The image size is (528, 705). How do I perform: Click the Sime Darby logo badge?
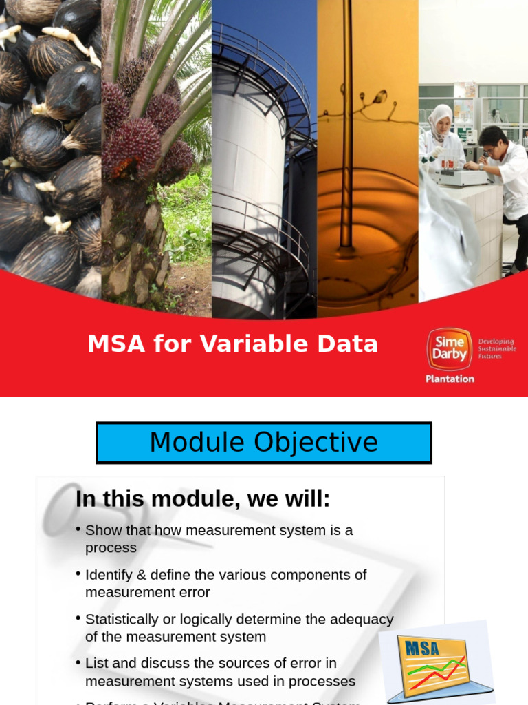coord(449,349)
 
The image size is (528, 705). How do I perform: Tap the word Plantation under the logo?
coord(450,379)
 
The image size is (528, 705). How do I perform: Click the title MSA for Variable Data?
coord(232,344)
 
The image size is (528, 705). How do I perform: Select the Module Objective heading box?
coord(263,443)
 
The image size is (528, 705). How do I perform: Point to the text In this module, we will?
coord(203,499)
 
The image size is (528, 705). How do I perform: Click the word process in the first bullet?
coord(111,548)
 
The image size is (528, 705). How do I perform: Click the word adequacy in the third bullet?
coord(362,620)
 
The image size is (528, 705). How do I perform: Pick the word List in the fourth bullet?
coord(97,664)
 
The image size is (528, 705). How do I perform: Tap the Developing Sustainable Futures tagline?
coord(496,348)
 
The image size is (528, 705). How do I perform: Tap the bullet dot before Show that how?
coord(78,529)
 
